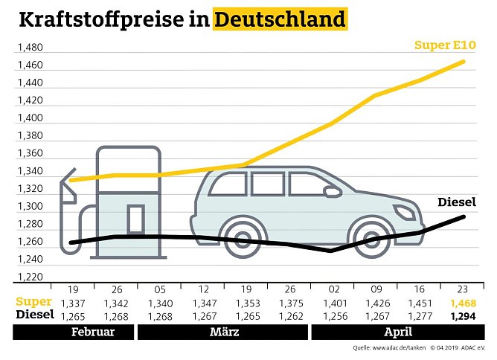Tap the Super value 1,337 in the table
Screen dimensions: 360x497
pyautogui.click(x=72, y=303)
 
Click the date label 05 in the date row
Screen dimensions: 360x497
pyautogui.click(x=159, y=290)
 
